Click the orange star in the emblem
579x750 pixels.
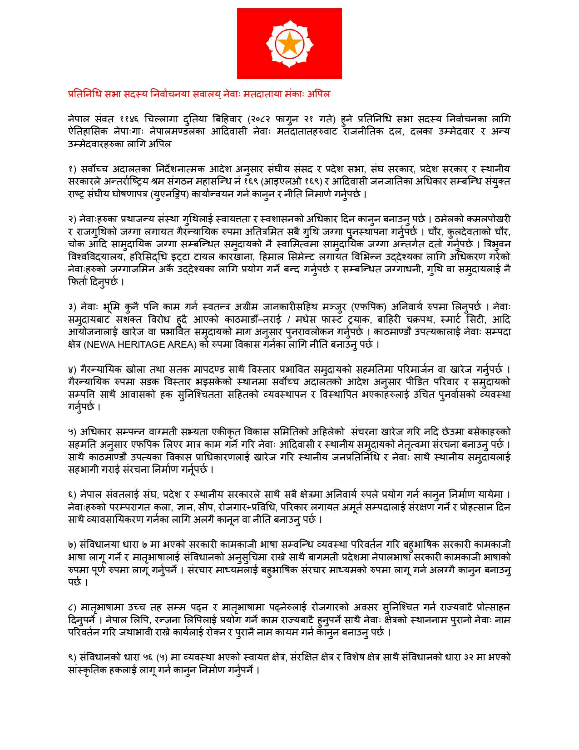[x=289, y=44]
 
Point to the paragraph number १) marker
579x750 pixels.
[x=73, y=169]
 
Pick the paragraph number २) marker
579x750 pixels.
[x=73, y=219]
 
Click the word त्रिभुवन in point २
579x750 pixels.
[x=495, y=244]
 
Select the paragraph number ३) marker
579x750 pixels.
[x=73, y=307]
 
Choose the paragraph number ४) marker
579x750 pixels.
[x=73, y=369]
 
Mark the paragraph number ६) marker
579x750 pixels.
[x=73, y=494]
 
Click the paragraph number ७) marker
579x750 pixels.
[x=73, y=545]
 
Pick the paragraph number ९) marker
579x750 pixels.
[x=73, y=657]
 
